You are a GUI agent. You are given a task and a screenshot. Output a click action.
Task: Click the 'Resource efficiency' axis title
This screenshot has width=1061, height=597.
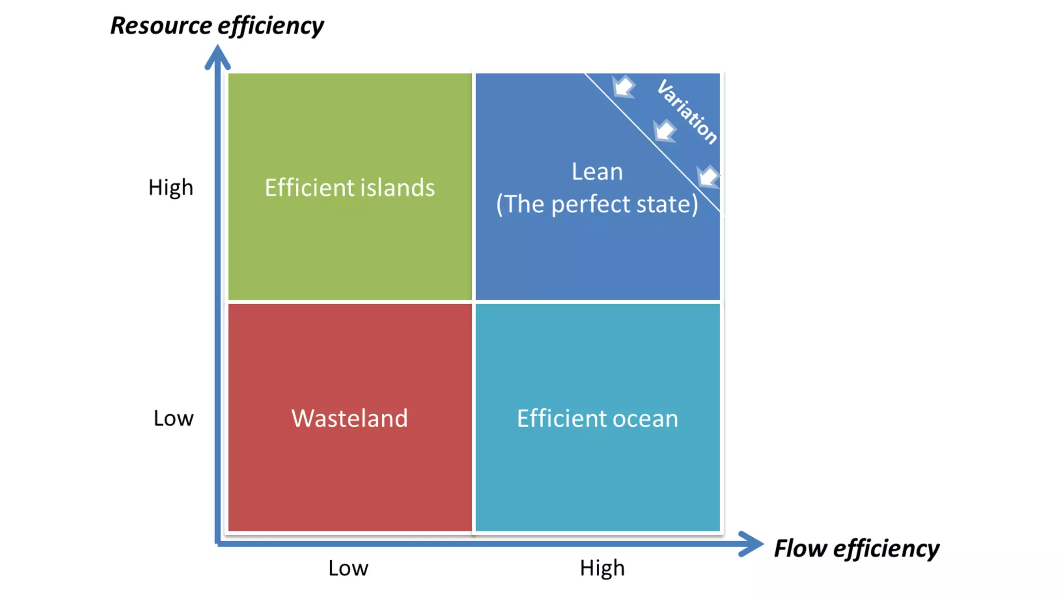[x=217, y=26]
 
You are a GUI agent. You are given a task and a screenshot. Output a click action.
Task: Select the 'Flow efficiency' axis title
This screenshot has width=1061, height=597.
[x=856, y=548]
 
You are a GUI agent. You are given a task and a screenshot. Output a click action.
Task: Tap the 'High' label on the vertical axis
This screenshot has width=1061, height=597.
[x=170, y=188]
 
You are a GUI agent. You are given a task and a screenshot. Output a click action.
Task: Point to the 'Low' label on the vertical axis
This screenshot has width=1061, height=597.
[x=173, y=418]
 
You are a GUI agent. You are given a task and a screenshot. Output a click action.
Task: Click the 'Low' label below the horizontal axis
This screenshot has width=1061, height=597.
[x=348, y=568]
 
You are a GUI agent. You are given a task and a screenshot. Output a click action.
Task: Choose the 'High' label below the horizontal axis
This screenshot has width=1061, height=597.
[x=602, y=568]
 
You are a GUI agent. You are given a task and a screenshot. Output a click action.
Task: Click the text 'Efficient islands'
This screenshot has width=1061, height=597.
[x=350, y=188]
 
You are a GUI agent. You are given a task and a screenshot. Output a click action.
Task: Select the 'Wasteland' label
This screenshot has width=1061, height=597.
[x=350, y=418]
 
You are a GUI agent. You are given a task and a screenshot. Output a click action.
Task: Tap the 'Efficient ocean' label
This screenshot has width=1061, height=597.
[x=597, y=418]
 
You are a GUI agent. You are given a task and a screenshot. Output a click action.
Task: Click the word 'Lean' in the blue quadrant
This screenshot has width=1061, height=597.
[x=597, y=172]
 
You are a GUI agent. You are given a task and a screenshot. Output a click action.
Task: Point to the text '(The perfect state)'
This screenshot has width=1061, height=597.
[x=597, y=204]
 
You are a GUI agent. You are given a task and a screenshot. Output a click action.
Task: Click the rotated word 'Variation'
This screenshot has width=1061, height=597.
[x=687, y=111]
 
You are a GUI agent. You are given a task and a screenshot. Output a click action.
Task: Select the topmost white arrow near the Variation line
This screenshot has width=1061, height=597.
[x=624, y=87]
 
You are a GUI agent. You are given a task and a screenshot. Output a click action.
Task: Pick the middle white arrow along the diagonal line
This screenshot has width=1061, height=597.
[x=664, y=130]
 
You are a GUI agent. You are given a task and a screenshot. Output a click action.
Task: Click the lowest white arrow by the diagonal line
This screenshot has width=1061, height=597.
[x=708, y=176]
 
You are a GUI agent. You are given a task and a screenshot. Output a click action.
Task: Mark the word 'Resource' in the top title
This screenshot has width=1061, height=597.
[x=161, y=26]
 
